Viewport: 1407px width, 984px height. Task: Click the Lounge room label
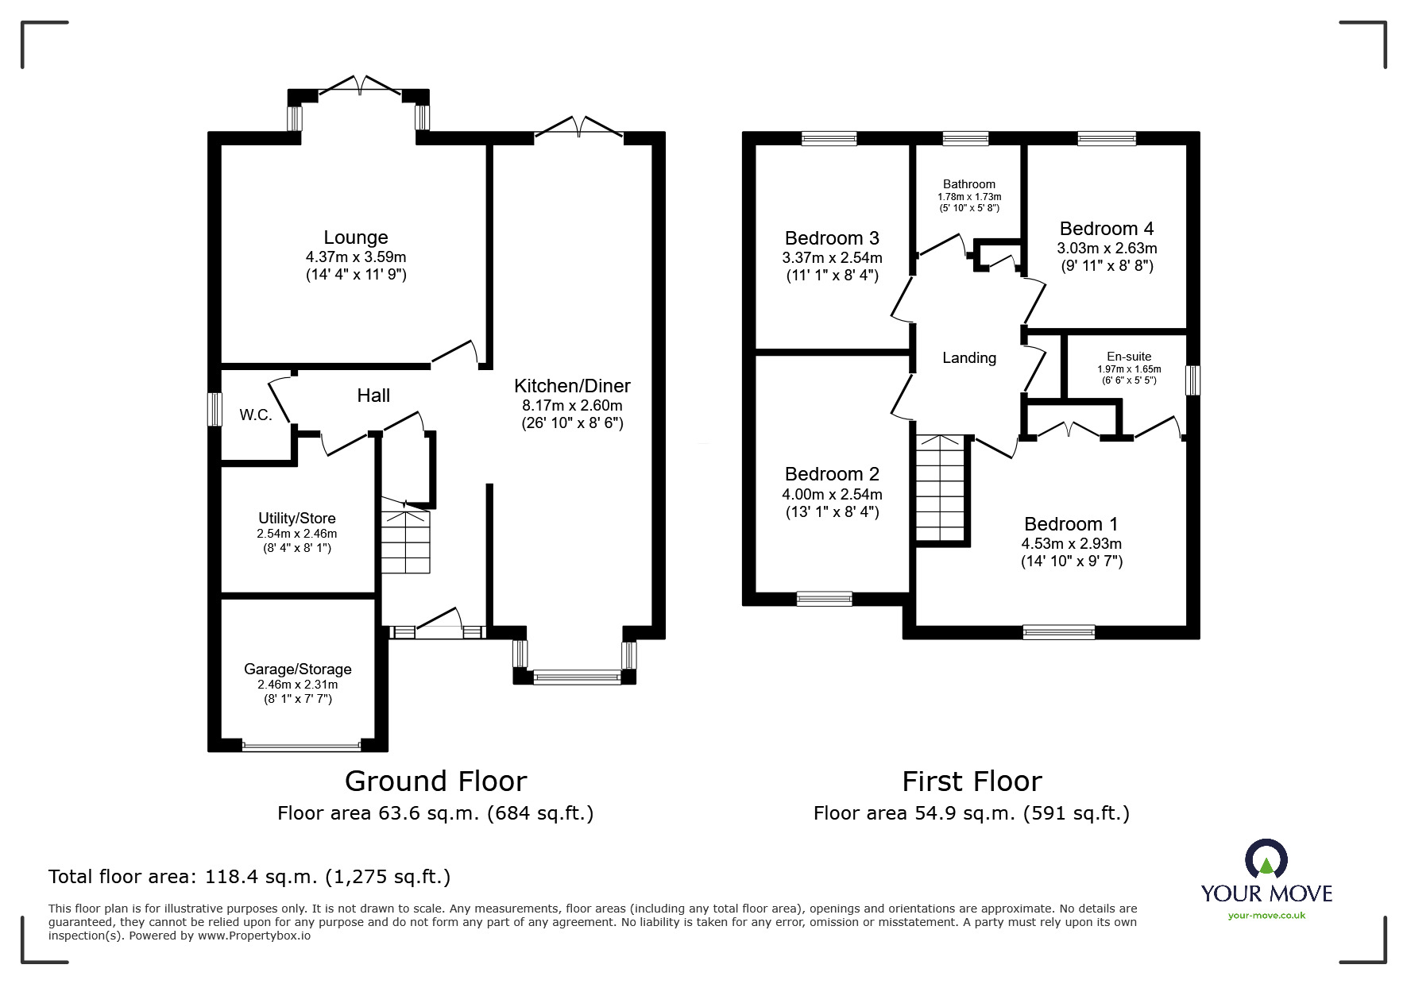[x=355, y=237]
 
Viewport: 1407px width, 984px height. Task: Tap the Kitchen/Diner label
[x=572, y=386]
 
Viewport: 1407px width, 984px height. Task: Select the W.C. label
[x=256, y=415]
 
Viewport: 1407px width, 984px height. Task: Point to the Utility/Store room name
[x=296, y=519]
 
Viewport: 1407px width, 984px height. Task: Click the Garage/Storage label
[x=297, y=670]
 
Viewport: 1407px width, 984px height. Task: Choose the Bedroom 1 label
[x=1071, y=524]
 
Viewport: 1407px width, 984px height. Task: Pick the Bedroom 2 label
[x=832, y=474]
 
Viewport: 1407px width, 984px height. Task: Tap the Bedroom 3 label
[x=832, y=238]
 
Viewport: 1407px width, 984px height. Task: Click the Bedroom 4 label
[x=1106, y=229]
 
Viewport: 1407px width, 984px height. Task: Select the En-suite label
[x=1129, y=357]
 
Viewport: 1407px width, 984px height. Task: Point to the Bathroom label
[x=969, y=184]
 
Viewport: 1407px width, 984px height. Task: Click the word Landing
[x=969, y=358]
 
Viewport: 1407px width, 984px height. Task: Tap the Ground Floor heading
[x=435, y=781]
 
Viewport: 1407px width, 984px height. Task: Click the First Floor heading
[x=972, y=781]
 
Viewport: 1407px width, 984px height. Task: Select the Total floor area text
[x=249, y=877]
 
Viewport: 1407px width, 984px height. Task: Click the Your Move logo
[x=1266, y=880]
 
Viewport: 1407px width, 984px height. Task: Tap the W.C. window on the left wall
[x=214, y=410]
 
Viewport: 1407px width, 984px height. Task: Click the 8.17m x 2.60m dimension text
[x=572, y=406]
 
